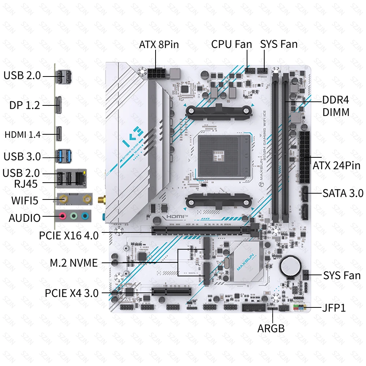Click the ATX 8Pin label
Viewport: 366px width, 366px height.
(x=159, y=45)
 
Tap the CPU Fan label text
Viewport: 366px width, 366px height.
(x=231, y=44)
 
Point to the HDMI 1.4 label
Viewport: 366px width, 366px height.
(x=23, y=134)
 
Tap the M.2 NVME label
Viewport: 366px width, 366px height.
(x=74, y=263)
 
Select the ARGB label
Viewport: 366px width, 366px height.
(x=271, y=328)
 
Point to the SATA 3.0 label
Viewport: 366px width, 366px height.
(x=343, y=193)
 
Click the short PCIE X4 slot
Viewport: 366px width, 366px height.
(x=172, y=292)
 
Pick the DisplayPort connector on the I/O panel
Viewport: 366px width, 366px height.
(x=59, y=105)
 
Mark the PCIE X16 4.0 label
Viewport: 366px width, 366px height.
(x=69, y=235)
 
